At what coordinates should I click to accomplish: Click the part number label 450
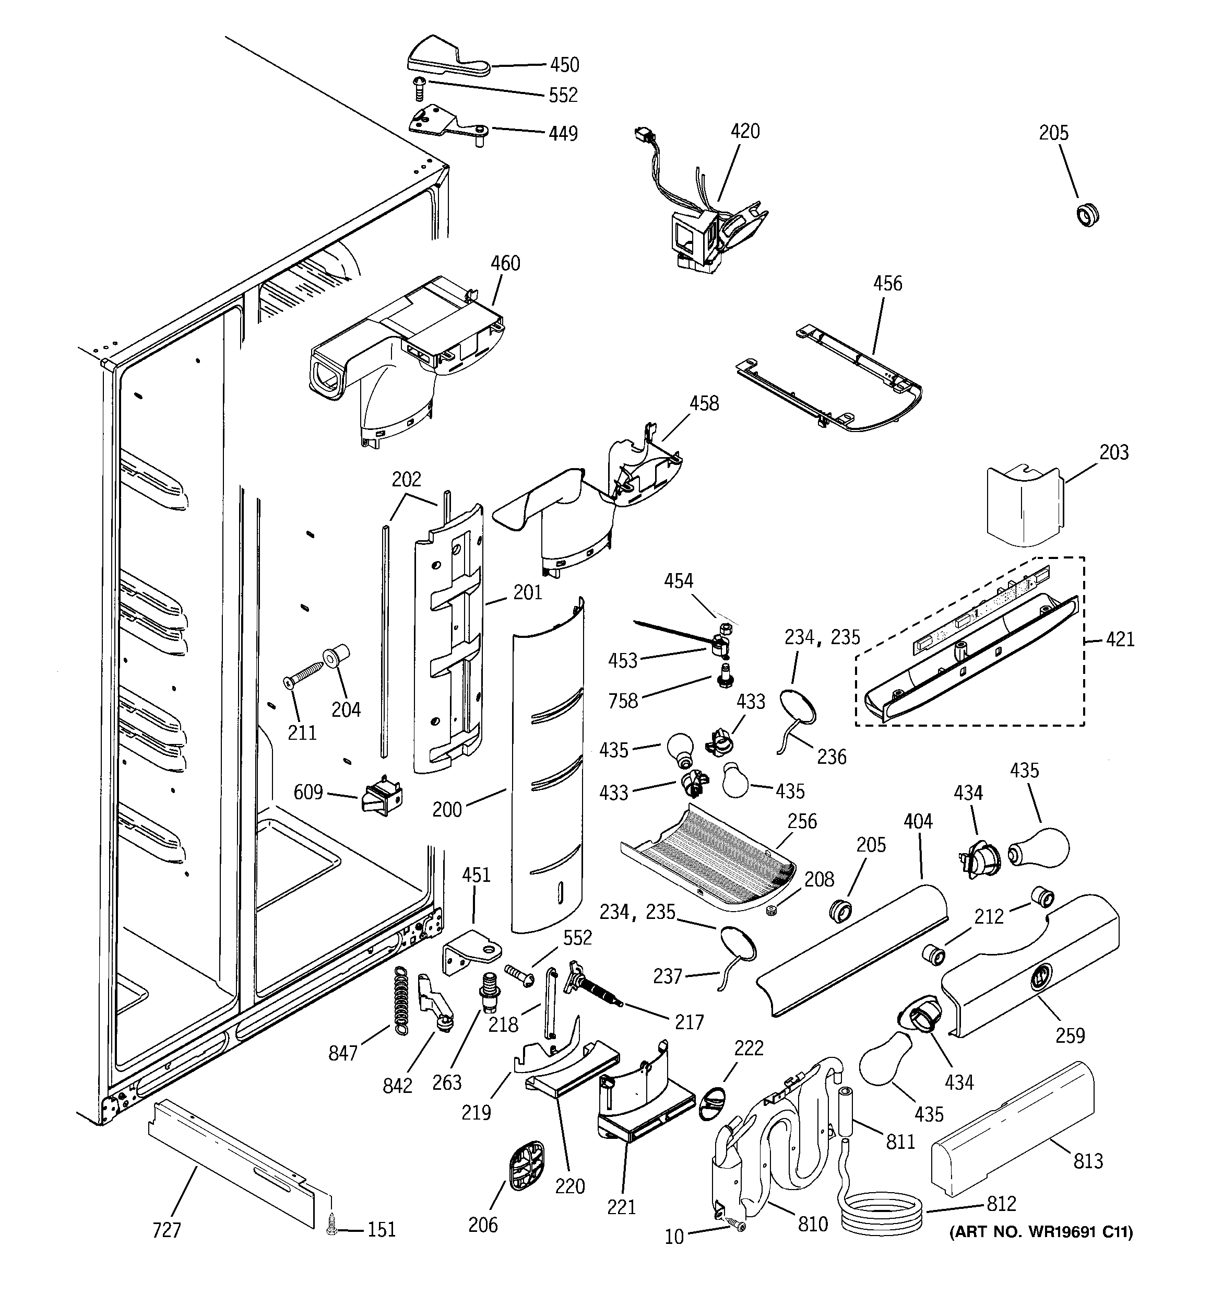pos(564,64)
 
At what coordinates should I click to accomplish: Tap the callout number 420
pos(745,131)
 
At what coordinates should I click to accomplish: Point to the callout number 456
pos(887,284)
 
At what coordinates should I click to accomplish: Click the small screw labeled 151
pos(332,1226)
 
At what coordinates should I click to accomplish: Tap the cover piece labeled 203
pos(1023,504)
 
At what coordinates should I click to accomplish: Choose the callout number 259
pos(1070,1035)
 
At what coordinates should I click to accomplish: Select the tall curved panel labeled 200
pos(547,767)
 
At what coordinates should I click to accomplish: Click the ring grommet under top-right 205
pos(1087,215)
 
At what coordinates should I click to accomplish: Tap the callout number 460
pos(505,263)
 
